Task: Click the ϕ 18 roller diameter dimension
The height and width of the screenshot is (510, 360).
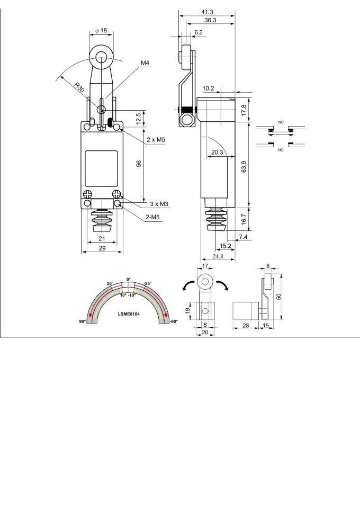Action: coord(101,31)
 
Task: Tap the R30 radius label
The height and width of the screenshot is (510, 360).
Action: coord(79,87)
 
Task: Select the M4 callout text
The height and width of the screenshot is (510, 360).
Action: coord(145,63)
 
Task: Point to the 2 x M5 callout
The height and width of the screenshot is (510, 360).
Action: coord(156,139)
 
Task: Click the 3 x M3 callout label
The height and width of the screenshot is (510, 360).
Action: coord(159,204)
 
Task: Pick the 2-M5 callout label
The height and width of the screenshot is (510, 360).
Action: coord(152,217)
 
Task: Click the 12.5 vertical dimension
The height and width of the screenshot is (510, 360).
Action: coord(139,119)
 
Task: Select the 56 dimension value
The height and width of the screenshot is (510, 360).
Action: coord(139,164)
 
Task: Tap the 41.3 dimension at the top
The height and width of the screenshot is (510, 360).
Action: coord(207,12)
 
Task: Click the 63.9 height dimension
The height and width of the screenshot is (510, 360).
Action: coord(244,166)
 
